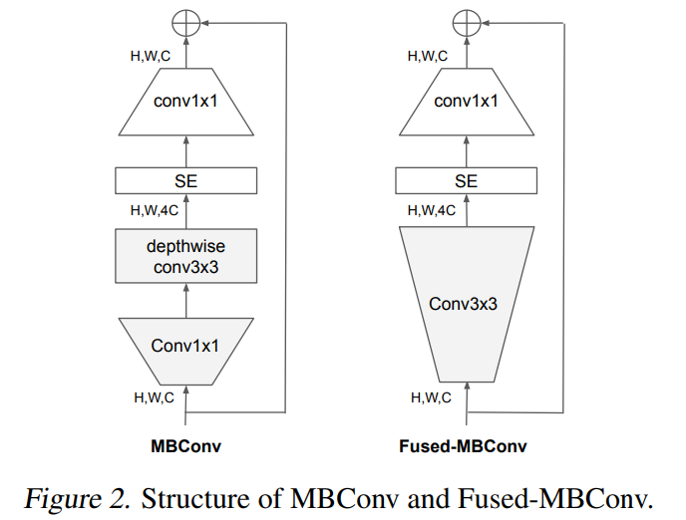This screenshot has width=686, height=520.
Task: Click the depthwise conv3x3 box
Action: tap(186, 256)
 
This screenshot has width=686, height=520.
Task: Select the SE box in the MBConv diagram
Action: tap(186, 180)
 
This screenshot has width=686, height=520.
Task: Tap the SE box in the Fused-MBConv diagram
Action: tap(466, 180)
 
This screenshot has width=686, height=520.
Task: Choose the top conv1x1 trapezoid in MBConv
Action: tap(186, 101)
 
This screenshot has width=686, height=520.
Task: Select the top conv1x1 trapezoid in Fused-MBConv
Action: tap(466, 101)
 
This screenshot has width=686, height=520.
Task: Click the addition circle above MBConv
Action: tap(186, 21)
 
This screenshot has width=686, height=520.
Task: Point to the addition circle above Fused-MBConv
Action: tap(466, 21)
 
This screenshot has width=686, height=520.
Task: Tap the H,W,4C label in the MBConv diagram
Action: tap(155, 211)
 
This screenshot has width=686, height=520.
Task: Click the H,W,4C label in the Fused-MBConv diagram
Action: tap(433, 210)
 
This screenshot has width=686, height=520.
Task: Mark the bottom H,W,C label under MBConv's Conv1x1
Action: tap(154, 396)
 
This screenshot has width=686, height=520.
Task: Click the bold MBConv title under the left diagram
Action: tap(186, 446)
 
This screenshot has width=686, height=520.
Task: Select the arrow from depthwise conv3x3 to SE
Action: tap(186, 212)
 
